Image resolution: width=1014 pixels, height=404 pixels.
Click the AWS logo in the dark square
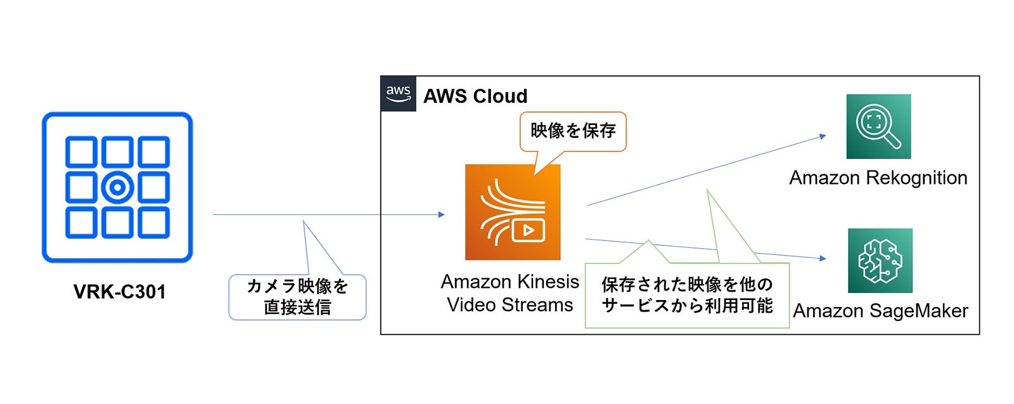(398, 94)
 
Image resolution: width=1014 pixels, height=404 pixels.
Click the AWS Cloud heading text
(475, 96)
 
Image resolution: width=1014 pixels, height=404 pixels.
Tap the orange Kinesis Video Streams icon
(512, 212)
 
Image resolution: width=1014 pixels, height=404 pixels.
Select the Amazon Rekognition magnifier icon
(878, 126)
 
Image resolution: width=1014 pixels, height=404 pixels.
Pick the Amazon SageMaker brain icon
(880, 261)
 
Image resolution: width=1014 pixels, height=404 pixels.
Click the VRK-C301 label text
(119, 292)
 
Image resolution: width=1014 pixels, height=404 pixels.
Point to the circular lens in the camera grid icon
(117, 187)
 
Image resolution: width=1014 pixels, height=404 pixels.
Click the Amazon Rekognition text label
(878, 178)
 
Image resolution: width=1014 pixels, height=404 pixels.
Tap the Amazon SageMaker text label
(880, 311)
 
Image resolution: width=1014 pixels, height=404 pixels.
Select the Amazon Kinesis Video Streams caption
(510, 293)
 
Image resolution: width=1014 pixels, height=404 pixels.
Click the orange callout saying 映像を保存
(573, 131)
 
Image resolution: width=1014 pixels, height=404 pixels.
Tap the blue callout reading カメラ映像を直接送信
(297, 296)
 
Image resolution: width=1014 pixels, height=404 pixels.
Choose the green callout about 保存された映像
(687, 295)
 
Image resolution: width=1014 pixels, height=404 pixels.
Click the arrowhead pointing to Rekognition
(823, 136)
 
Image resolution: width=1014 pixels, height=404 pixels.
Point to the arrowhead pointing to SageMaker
(823, 258)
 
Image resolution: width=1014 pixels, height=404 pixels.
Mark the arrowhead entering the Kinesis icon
(442, 214)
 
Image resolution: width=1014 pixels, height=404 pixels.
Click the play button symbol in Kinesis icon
(529, 230)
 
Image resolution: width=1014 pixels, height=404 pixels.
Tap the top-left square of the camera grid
(82, 152)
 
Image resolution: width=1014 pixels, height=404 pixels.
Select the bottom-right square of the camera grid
(153, 223)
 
